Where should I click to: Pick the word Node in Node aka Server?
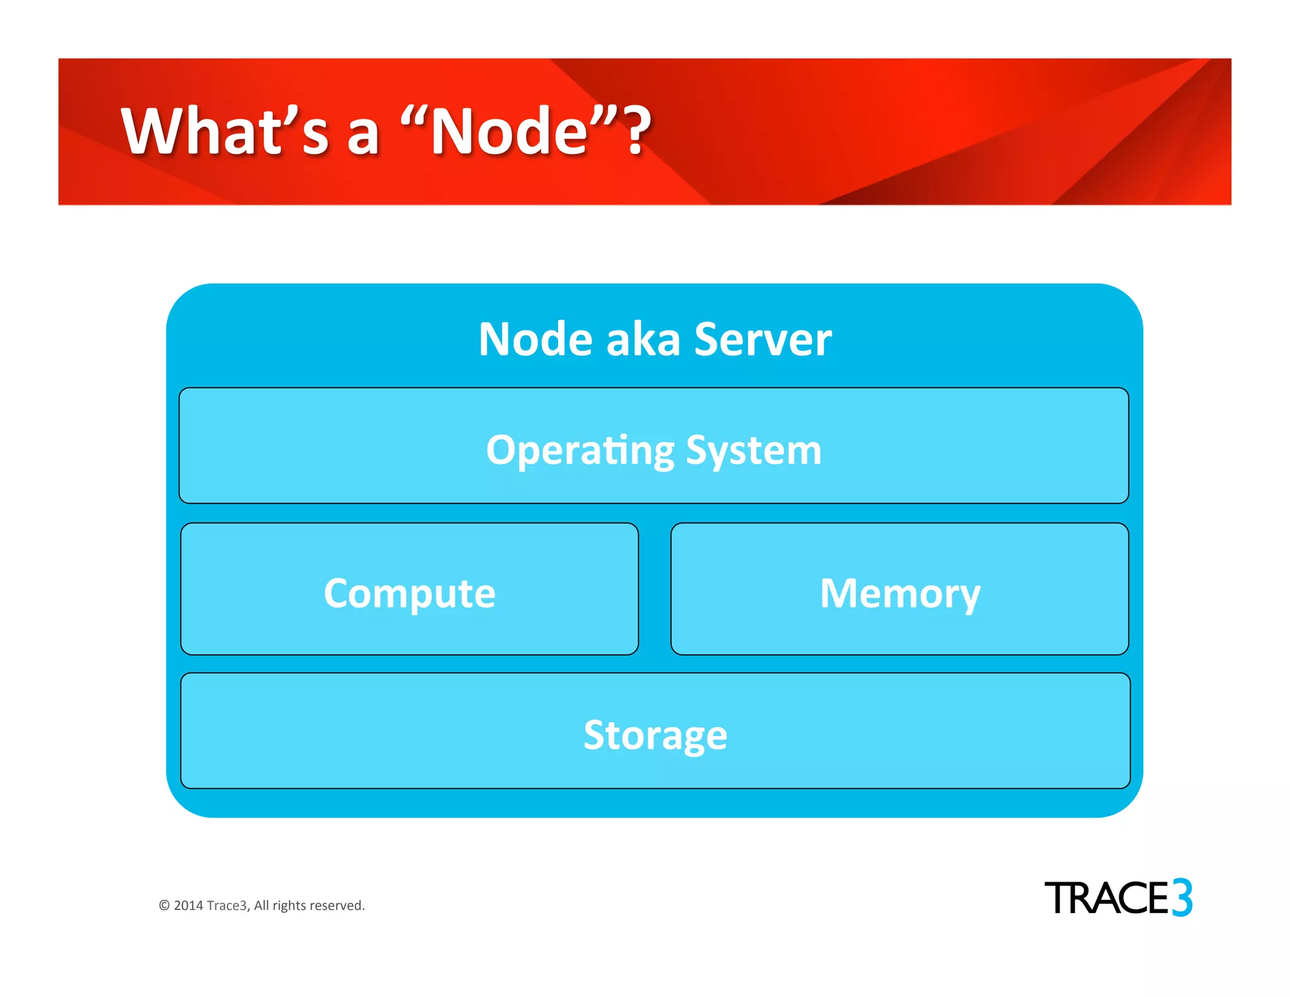coord(535,340)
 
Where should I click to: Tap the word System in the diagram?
coord(753,451)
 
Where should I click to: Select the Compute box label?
coord(409,593)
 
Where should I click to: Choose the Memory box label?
coord(900,593)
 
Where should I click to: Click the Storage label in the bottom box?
coord(655,735)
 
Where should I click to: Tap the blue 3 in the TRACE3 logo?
coord(1182,897)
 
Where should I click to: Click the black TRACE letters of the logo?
coord(1107,898)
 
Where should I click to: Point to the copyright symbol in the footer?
coord(164,906)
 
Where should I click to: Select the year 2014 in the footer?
coord(188,906)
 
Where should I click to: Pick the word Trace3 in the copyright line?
coord(228,906)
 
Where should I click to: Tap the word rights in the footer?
coord(290,906)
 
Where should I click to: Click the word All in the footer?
coord(261,906)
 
